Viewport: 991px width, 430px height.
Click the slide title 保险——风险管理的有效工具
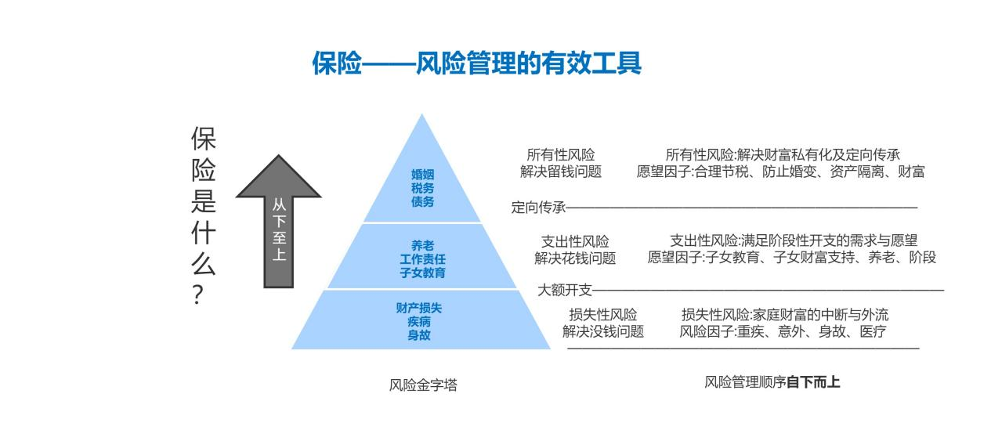(476, 63)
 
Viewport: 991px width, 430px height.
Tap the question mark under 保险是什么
(198, 294)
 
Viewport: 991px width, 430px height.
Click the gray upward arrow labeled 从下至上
(279, 221)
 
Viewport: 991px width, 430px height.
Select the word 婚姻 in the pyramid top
(422, 175)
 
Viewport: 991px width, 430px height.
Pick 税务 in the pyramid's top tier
(422, 188)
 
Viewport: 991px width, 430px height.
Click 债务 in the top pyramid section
(422, 202)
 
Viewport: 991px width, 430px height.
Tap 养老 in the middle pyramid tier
(422, 245)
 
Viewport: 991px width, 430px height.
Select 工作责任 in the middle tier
(422, 259)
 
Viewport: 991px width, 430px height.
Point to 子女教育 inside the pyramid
(422, 273)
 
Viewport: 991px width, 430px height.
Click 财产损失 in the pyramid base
(419, 308)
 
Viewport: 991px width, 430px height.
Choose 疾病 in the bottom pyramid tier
(419, 322)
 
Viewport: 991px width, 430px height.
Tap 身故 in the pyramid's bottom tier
(419, 335)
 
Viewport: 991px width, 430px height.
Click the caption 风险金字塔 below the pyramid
(423, 385)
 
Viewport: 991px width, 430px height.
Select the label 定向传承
(538, 207)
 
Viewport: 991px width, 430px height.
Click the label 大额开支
(565, 291)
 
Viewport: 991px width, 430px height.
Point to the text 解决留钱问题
(561, 172)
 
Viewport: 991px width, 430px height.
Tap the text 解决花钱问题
(575, 258)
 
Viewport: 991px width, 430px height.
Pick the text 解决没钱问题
(603, 331)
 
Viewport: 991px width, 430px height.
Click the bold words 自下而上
(813, 382)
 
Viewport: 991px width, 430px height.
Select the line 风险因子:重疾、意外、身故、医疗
(783, 331)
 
